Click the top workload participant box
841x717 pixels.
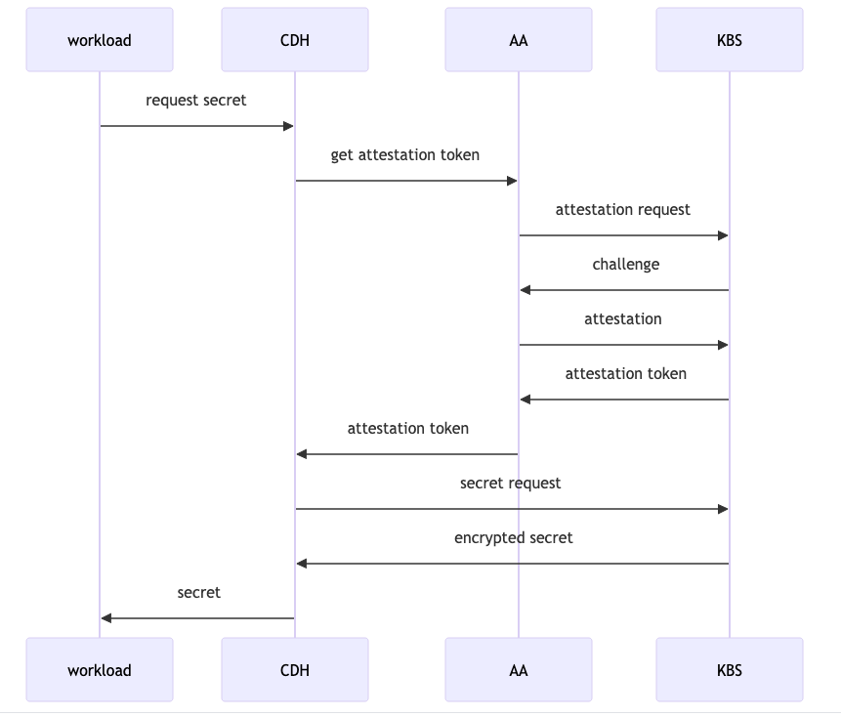tap(100, 40)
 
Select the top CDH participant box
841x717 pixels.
tap(295, 40)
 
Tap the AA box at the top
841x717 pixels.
tap(519, 40)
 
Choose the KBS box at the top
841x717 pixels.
tap(730, 40)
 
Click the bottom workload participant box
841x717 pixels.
tap(100, 670)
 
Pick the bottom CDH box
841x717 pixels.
tap(295, 670)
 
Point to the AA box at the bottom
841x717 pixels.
tap(519, 670)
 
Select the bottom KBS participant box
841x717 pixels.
tap(730, 670)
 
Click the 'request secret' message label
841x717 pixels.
tap(196, 101)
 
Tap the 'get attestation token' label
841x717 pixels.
tap(405, 155)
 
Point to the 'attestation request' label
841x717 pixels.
tap(623, 210)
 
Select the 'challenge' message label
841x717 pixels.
tap(626, 265)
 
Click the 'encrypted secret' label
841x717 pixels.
tap(514, 538)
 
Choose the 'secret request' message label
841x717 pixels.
tap(511, 484)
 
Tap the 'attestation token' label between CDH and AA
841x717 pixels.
tap(408, 429)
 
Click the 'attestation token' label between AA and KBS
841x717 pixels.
tap(626, 374)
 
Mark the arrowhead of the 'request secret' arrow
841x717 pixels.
tap(288, 126)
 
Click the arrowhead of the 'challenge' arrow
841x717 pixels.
tap(526, 290)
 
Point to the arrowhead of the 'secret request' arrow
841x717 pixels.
tap(723, 509)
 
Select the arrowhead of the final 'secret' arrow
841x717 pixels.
tap(106, 618)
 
